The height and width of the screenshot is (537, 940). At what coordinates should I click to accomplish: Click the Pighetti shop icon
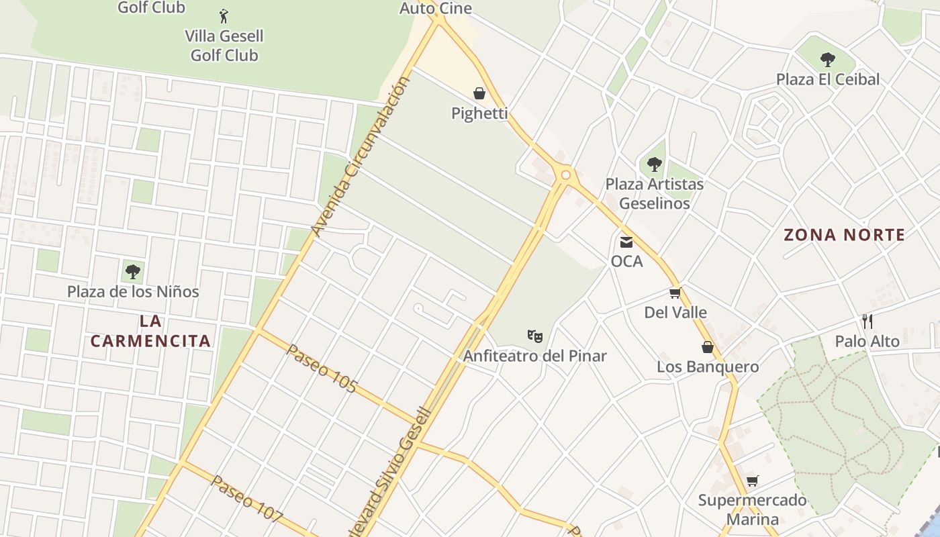(479, 93)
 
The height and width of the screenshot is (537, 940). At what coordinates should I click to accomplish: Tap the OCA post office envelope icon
(626, 242)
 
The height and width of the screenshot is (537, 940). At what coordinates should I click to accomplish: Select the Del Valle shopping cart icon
(675, 293)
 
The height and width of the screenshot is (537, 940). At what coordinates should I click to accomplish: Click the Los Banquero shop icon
(708, 347)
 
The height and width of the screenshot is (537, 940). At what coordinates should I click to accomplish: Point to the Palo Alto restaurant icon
(867, 321)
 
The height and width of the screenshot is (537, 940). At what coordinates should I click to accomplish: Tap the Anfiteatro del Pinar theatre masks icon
(534, 336)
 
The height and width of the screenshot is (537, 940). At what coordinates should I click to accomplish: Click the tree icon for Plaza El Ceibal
(828, 60)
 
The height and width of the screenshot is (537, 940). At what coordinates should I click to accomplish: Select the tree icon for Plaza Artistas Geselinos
(654, 164)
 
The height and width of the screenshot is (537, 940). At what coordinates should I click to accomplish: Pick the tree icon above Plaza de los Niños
(133, 272)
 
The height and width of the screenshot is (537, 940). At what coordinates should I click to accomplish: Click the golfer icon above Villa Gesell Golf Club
(224, 15)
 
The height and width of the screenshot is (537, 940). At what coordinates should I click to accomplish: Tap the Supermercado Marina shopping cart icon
(753, 481)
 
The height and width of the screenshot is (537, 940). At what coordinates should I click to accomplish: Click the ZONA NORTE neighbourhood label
(845, 235)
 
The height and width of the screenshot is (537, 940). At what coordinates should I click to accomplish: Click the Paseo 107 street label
(246, 499)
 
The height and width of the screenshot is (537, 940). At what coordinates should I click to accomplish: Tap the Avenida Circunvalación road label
(361, 157)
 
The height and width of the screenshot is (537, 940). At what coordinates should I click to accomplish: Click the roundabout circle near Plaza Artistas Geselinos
(566, 175)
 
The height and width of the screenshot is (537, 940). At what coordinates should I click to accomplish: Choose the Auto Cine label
(436, 9)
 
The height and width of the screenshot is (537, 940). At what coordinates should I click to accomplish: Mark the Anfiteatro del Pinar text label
(535, 356)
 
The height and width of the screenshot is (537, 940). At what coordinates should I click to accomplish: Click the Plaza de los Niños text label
(133, 292)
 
